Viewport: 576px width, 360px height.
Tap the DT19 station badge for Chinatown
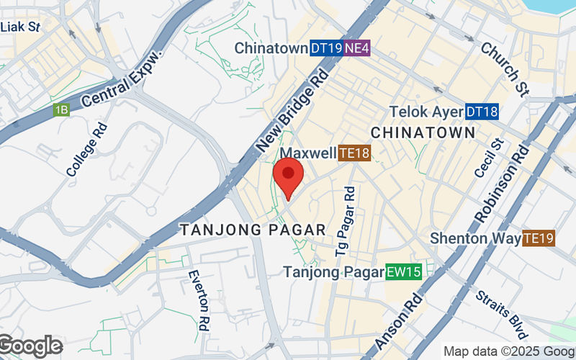tap(326, 48)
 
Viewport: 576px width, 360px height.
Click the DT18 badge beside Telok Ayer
tap(482, 112)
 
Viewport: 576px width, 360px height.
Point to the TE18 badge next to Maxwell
tap(354, 153)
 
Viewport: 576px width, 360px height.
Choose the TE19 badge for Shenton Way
tap(539, 238)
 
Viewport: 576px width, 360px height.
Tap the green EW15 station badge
tap(403, 272)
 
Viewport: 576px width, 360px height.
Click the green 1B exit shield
tap(61, 110)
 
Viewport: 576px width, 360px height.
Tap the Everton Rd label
tap(198, 300)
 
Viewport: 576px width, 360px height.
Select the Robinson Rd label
tap(502, 184)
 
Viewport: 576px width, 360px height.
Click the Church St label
tap(504, 69)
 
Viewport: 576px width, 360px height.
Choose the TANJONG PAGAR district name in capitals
tap(253, 230)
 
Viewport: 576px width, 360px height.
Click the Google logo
tap(30, 346)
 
